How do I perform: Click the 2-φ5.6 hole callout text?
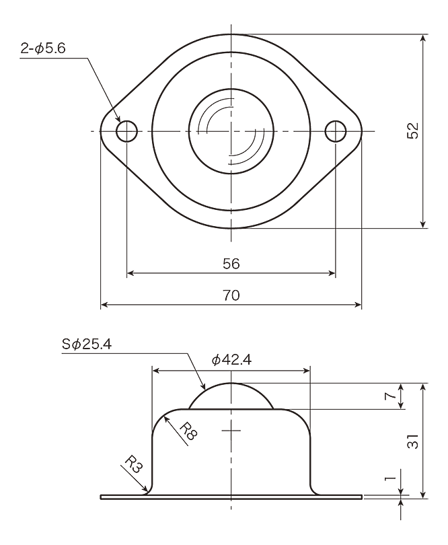point(43,48)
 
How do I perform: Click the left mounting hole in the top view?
point(127,131)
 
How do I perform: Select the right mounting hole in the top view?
point(336,131)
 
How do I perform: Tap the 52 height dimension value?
point(413,131)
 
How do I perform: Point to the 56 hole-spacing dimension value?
point(231,264)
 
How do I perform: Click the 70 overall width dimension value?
point(231,295)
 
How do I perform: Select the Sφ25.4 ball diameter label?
point(87,344)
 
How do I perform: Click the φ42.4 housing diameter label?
point(231,360)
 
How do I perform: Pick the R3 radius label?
point(134,464)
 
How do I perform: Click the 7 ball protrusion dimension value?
point(391,396)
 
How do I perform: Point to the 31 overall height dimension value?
point(413,442)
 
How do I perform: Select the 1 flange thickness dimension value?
point(391,478)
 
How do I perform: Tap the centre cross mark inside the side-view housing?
point(231,431)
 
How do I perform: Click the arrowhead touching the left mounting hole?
point(118,118)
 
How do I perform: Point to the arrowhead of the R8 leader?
point(167,420)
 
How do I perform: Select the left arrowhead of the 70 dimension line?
point(104,305)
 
